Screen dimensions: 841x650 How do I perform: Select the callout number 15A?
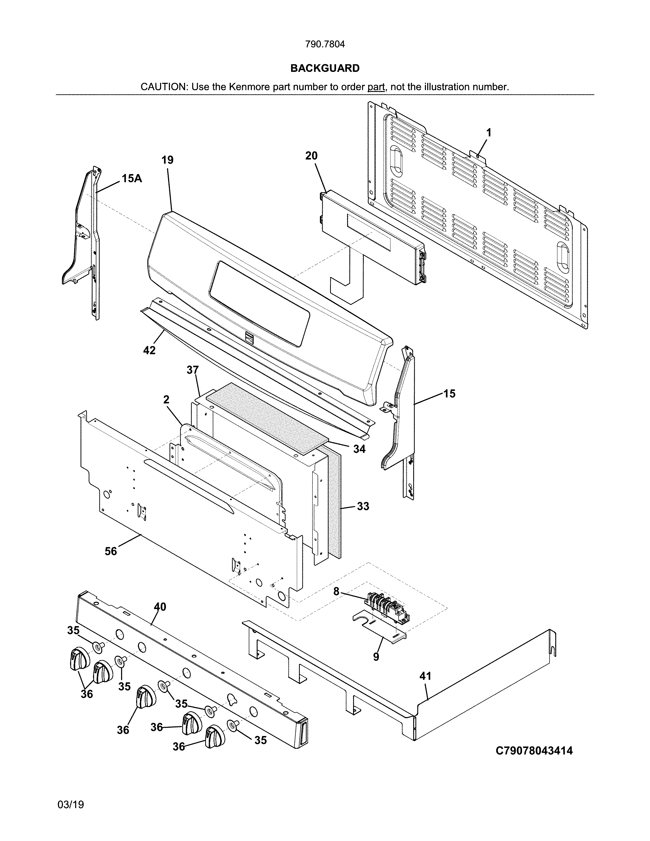pyautogui.click(x=132, y=178)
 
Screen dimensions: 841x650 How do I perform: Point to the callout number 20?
pyautogui.click(x=311, y=156)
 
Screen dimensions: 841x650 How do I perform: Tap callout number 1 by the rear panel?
pyautogui.click(x=489, y=133)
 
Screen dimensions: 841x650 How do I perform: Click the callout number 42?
pyautogui.click(x=149, y=350)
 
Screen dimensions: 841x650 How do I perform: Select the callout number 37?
pyautogui.click(x=192, y=370)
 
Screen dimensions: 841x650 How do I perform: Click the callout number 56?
pyautogui.click(x=111, y=551)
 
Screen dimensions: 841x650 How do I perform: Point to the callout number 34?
pyautogui.click(x=359, y=449)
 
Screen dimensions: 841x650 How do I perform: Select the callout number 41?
pyautogui.click(x=425, y=676)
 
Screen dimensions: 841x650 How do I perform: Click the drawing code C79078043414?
pyautogui.click(x=534, y=751)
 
